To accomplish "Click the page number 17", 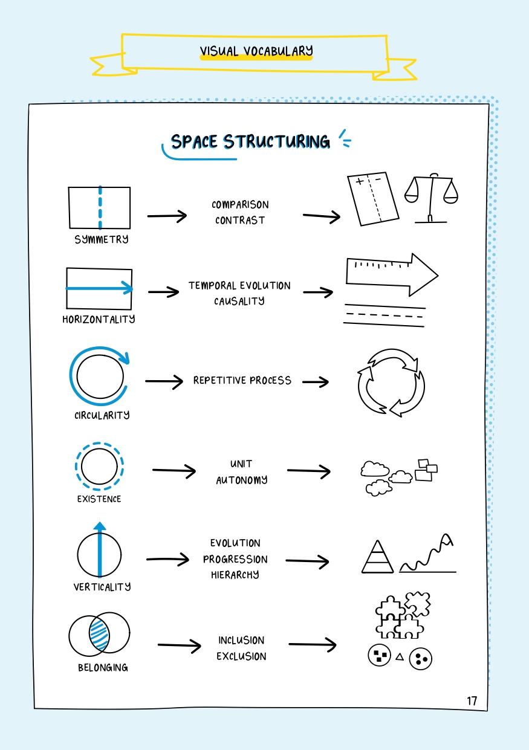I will coord(472,701).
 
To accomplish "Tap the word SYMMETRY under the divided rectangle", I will coord(102,239).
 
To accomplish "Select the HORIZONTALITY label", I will coord(99,319).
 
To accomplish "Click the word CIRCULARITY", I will coord(102,415).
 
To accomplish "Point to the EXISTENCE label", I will coord(99,499).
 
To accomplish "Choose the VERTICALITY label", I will coord(102,587).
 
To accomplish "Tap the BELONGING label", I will coord(103,668).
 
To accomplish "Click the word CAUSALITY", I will coord(239,301).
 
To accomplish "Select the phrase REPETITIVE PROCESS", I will coord(242,381).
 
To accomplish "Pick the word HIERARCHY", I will coord(235,575).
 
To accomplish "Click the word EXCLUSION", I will coord(241,656).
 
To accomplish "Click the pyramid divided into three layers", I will coord(377,557).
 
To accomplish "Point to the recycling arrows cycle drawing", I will coord(391,382).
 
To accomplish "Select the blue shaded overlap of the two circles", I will coord(99,633).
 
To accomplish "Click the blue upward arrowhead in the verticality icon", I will coord(100,526).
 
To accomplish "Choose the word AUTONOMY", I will coord(241,480).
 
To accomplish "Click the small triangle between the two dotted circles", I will coord(399,656).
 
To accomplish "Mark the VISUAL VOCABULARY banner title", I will coord(256,51).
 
